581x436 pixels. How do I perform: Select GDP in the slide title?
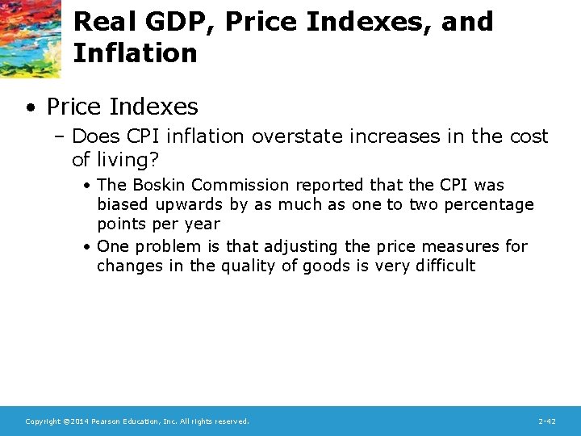174,22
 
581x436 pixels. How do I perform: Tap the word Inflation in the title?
135,54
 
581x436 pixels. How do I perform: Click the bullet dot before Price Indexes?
30,107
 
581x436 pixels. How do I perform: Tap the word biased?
123,204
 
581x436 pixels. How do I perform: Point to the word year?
202,224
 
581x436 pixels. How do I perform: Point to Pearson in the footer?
109,421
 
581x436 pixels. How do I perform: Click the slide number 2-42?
546,421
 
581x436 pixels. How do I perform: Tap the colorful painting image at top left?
30,38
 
